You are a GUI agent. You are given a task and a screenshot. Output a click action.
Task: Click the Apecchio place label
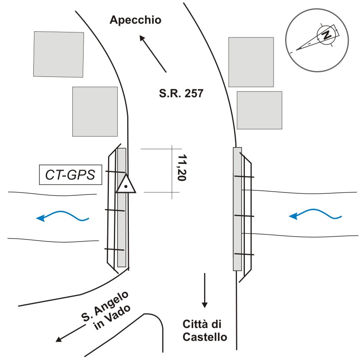(x=136, y=20)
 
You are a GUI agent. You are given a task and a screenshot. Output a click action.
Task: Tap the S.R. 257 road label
(x=181, y=93)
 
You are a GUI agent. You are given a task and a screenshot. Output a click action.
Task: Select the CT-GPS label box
(x=71, y=175)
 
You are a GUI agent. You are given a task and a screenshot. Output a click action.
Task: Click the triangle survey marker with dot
(x=126, y=184)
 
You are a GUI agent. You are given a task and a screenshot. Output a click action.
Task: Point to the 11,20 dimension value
(x=182, y=168)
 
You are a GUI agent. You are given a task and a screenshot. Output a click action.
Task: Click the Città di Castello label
(x=205, y=330)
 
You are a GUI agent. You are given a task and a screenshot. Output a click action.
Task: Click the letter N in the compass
(x=326, y=35)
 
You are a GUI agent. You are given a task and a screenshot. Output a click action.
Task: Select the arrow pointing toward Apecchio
(x=153, y=54)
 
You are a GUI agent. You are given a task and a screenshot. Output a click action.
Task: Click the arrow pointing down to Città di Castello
(x=205, y=291)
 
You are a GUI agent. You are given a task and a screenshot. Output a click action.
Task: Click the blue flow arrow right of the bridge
(x=315, y=214)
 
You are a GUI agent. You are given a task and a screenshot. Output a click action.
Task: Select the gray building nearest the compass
(x=251, y=62)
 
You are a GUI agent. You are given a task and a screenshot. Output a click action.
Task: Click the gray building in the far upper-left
(x=59, y=54)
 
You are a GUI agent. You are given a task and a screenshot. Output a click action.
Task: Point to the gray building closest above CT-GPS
(x=95, y=111)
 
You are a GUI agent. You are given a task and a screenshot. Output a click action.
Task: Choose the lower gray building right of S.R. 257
(x=259, y=110)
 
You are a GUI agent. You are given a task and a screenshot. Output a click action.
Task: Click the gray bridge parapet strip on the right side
(x=237, y=209)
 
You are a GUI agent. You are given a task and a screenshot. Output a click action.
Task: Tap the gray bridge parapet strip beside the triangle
(x=122, y=207)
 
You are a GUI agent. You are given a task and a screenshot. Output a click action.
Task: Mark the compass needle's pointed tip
(x=296, y=50)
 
